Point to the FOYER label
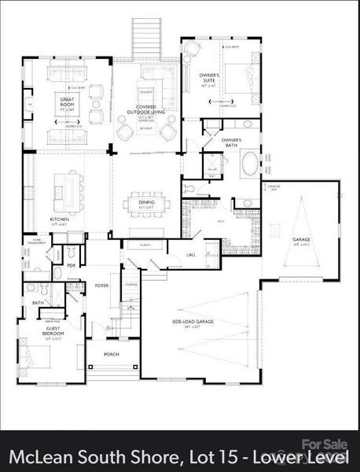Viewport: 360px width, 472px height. pos(101,285)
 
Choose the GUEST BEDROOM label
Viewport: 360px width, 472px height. pos(53,334)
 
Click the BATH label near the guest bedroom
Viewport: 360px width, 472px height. pos(38,302)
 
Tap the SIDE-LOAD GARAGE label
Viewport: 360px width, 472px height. pos(193,322)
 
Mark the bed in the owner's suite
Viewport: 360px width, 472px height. pos(241,75)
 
